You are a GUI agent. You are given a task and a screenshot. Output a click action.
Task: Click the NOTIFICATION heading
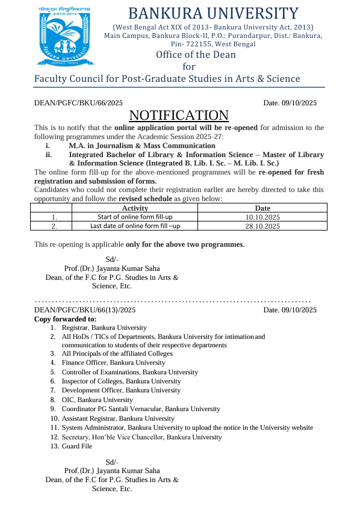[179, 116]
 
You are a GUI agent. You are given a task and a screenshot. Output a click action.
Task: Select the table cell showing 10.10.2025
[263, 217]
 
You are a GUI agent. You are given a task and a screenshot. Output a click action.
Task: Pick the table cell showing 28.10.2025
[263, 226]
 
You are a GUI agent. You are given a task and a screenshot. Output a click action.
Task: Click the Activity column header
[135, 208]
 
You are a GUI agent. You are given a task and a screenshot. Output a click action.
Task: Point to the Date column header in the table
[263, 208]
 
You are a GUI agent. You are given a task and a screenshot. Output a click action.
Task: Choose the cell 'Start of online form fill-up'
[135, 217]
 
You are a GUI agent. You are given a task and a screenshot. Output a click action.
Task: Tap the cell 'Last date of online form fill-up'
[135, 226]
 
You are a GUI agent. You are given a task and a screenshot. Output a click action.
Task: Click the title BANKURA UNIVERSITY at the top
[213, 13]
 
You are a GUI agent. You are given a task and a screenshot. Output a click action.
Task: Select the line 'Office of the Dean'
[196, 55]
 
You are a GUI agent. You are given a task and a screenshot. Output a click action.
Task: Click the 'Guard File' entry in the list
[77, 447]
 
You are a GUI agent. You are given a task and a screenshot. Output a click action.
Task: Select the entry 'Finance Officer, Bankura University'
[113, 363]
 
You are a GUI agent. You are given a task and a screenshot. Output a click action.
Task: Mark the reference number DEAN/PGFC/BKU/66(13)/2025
[85, 310]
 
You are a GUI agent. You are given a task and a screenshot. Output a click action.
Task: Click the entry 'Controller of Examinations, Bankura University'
[129, 372]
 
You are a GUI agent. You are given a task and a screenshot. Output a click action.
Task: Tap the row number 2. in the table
[54, 226]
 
